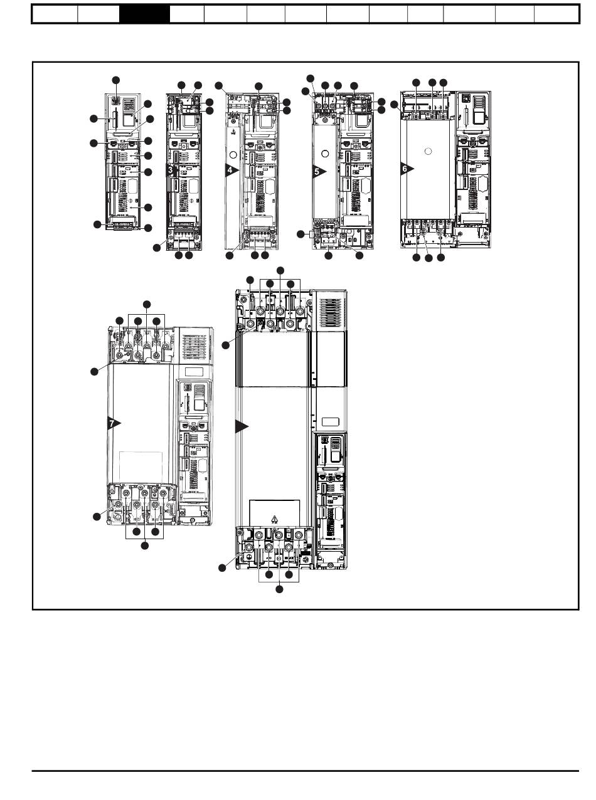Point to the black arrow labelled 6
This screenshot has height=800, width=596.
pos(407,168)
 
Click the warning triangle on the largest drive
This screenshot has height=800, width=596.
pos(274,518)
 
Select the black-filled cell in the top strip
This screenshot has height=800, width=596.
pos(144,14)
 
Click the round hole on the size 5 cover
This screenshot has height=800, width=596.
pos(326,152)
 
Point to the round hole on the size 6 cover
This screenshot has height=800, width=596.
pos(427,150)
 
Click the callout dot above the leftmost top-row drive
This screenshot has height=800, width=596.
pos(115,80)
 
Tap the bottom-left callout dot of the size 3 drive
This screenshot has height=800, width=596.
pos(157,249)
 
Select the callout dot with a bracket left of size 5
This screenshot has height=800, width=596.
pos(301,234)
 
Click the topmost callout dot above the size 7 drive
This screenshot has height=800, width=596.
pos(146,305)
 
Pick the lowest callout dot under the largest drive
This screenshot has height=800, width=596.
pos(279,589)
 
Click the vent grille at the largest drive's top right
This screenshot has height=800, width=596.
pos(331,310)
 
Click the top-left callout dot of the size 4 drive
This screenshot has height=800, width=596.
pos(218,85)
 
